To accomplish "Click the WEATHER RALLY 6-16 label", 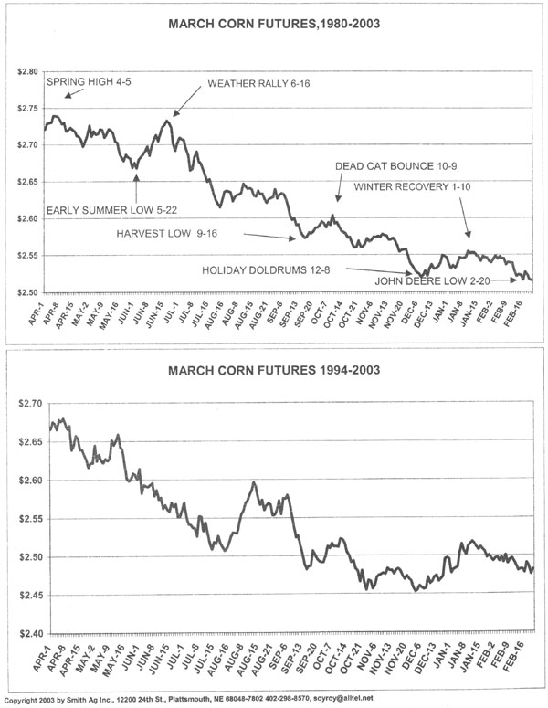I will click(x=257, y=83).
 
